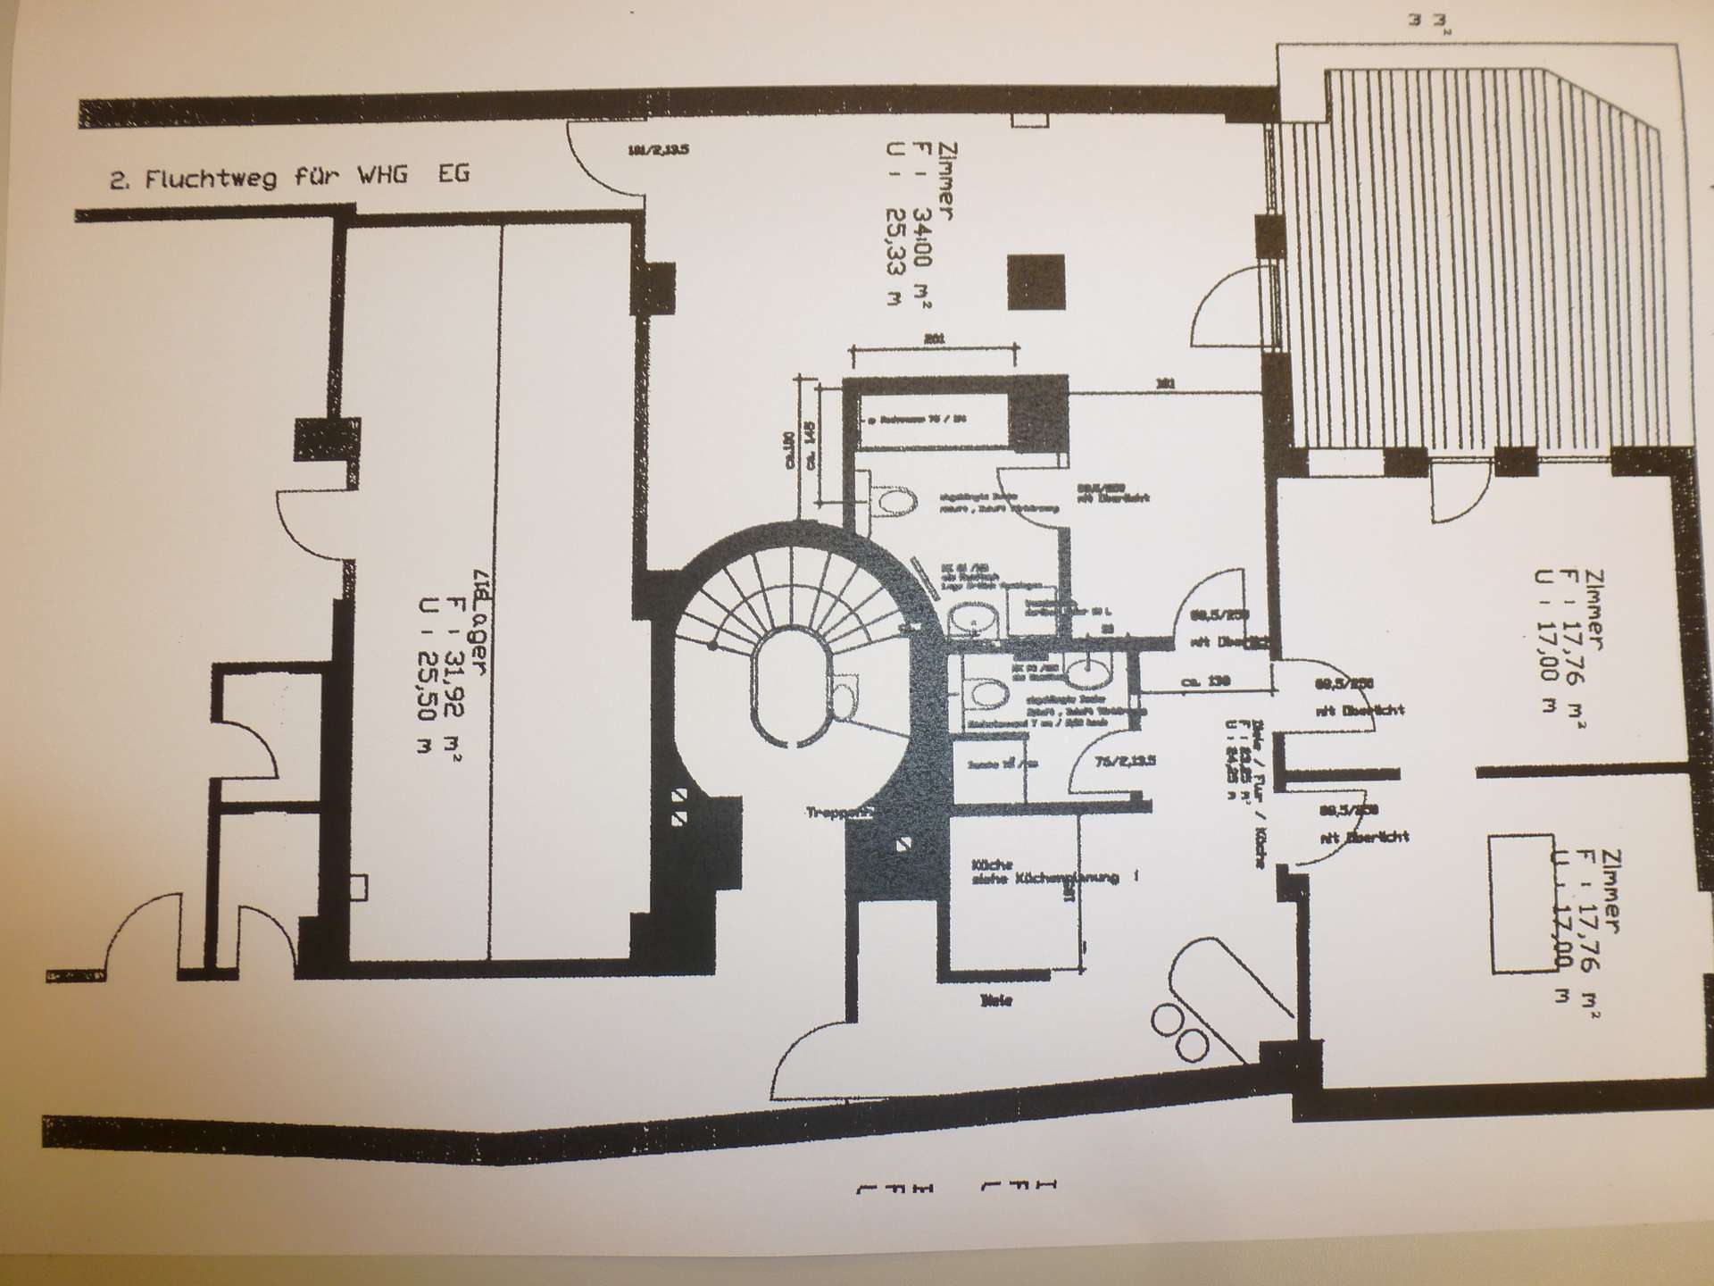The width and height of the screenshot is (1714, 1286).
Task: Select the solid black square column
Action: click(x=1036, y=281)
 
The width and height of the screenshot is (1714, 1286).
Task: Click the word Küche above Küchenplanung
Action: click(x=991, y=864)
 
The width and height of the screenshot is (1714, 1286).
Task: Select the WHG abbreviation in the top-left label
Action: click(x=382, y=174)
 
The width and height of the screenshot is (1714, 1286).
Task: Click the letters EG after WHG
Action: click(x=453, y=173)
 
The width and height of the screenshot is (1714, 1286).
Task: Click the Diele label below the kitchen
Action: click(x=995, y=1002)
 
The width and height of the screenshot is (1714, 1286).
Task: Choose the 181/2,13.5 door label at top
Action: click(x=658, y=150)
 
